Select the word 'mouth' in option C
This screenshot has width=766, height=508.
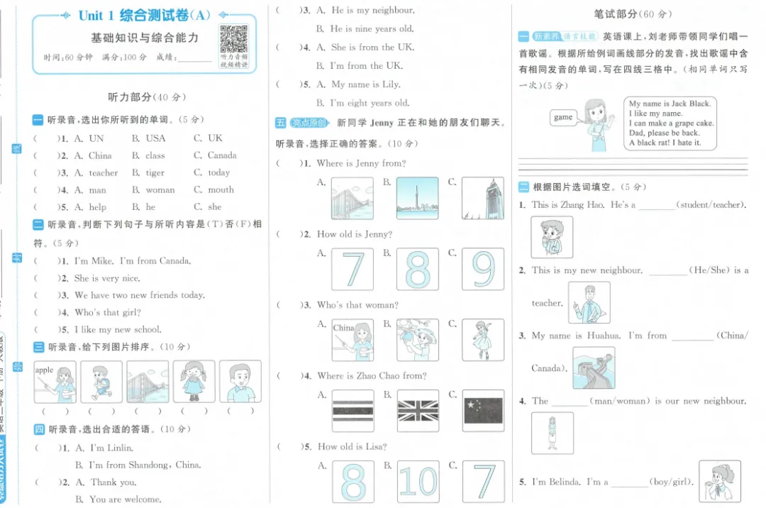[221, 189]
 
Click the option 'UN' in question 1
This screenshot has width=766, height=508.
[96, 138]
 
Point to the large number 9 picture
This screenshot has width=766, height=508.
[483, 270]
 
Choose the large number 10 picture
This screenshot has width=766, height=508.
[418, 482]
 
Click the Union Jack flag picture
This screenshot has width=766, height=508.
[418, 411]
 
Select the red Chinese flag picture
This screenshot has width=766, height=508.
[483, 411]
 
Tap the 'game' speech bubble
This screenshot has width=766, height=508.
[563, 118]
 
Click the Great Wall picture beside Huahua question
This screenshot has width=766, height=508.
[594, 367]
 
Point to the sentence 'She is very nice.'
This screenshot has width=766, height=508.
[107, 278]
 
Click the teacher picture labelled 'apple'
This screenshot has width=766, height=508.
[55, 382]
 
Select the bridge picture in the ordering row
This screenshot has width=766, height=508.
[148, 382]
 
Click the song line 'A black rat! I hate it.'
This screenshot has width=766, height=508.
[665, 143]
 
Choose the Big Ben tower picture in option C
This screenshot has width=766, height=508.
[483, 198]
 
